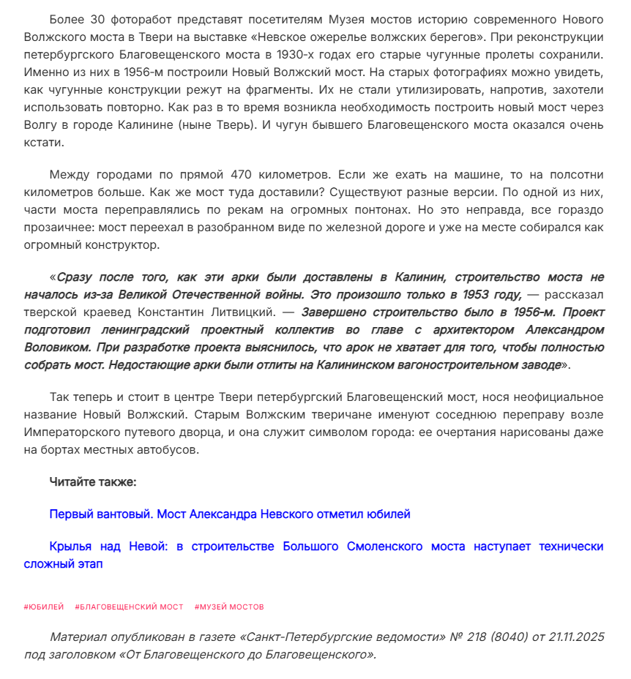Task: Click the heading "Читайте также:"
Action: pos(93,481)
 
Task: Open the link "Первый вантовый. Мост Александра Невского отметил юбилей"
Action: pos(229,514)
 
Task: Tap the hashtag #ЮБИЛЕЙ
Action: pos(44,607)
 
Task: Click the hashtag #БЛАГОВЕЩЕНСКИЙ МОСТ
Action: pos(129,607)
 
